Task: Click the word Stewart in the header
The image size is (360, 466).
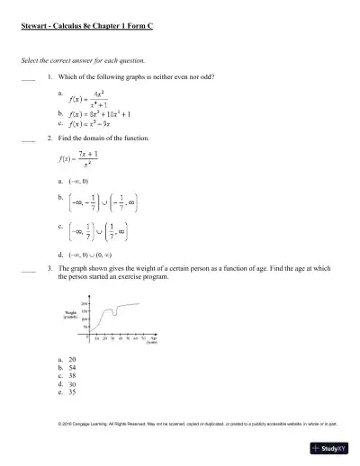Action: coord(35,27)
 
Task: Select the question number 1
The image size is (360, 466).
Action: coord(50,77)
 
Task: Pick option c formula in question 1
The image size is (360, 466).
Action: coord(94,124)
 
